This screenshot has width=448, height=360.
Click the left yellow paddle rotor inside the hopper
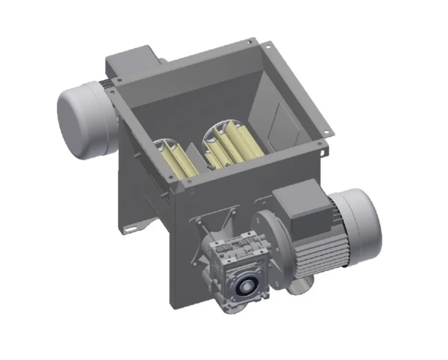(176, 159)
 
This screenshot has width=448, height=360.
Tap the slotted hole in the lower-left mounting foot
(130, 229)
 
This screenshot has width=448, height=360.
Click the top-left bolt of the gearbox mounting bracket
(198, 221)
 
